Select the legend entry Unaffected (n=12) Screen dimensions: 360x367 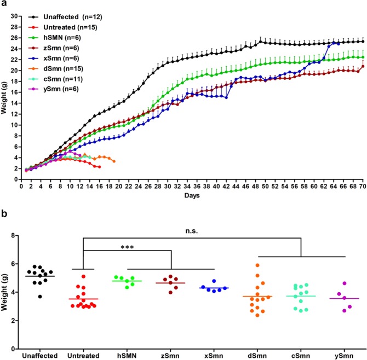[65, 17]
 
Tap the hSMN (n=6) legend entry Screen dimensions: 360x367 [57, 38]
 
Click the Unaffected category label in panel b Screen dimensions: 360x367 [40, 356]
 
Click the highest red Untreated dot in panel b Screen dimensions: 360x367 [84, 276]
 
